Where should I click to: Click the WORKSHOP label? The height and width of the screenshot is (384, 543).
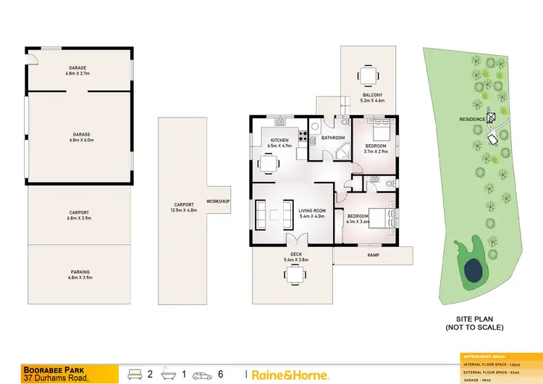218,201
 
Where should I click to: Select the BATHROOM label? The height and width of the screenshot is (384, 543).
333,138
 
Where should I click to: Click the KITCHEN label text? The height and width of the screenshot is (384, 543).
279,140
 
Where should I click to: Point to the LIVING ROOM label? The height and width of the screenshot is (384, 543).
312,210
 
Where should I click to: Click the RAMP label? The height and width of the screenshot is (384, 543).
373,255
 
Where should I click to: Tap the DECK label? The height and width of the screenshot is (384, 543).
295,254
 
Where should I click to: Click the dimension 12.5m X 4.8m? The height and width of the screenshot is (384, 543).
183,210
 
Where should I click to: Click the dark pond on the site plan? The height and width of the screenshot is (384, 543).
473,270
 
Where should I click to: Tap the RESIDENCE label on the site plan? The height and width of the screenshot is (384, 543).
471,119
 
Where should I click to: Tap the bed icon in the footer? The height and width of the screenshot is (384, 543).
135,374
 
